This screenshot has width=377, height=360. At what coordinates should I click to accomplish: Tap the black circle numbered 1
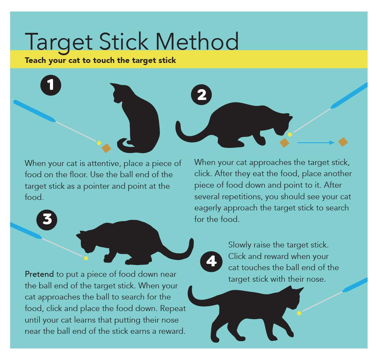tap(51, 85)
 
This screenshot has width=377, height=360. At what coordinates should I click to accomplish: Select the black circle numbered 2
tap(202, 95)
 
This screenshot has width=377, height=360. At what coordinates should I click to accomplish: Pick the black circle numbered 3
tap(47, 219)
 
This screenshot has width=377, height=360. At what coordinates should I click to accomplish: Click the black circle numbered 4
tap(212, 261)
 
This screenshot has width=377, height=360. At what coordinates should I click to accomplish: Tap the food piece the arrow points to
tap(343, 142)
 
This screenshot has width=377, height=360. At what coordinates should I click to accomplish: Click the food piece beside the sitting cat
tap(106, 149)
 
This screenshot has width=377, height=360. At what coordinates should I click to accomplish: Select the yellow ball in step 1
tap(99, 143)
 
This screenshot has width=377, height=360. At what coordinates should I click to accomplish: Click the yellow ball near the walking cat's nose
tap(299, 313)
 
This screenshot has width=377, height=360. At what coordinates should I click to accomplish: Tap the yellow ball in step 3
tap(86, 258)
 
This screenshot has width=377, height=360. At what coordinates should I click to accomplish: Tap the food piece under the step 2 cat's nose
tap(284, 142)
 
